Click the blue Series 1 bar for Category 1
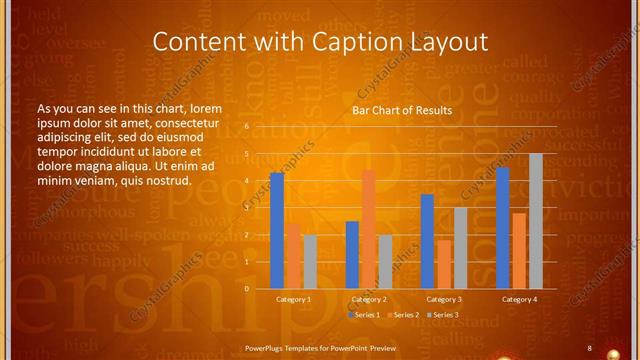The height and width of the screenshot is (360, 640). (277, 231)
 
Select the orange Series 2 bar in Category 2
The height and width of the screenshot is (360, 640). (368, 229)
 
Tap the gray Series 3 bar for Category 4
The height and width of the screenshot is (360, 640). (535, 221)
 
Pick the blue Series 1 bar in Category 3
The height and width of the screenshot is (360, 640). (428, 241)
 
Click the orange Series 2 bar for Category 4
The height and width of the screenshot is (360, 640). (519, 251)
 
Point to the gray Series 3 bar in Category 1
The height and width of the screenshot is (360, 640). (309, 262)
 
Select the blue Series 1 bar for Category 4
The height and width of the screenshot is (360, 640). (503, 228)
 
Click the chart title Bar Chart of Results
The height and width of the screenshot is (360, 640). (402, 110)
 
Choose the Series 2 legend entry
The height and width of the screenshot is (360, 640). (402, 315)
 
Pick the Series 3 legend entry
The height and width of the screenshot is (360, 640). (443, 315)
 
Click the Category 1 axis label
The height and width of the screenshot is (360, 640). (293, 299)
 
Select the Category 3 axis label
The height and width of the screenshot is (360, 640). (444, 299)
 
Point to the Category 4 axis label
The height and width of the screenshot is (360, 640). (519, 299)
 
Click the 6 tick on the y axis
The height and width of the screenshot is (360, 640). (247, 127)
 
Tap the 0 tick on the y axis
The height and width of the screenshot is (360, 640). (247, 289)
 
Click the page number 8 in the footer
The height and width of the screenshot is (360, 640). (589, 347)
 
